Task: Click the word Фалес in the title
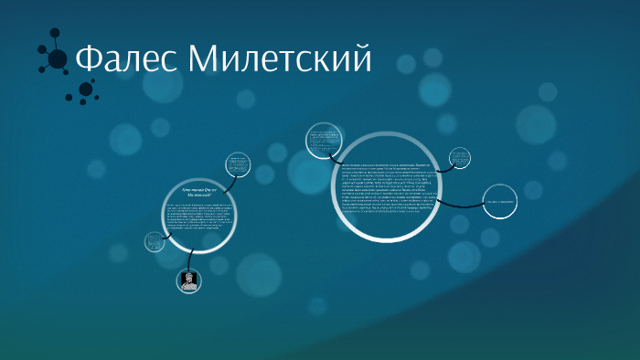[125, 59]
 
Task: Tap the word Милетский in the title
[280, 59]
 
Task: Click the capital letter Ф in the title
[88, 59]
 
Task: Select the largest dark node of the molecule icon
[57, 59]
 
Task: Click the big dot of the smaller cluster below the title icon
[86, 90]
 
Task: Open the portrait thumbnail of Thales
[187, 281]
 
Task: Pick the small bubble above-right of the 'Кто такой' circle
[238, 164]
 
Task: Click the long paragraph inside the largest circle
[392, 187]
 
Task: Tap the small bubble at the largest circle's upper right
[460, 159]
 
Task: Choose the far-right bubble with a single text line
[501, 201]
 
